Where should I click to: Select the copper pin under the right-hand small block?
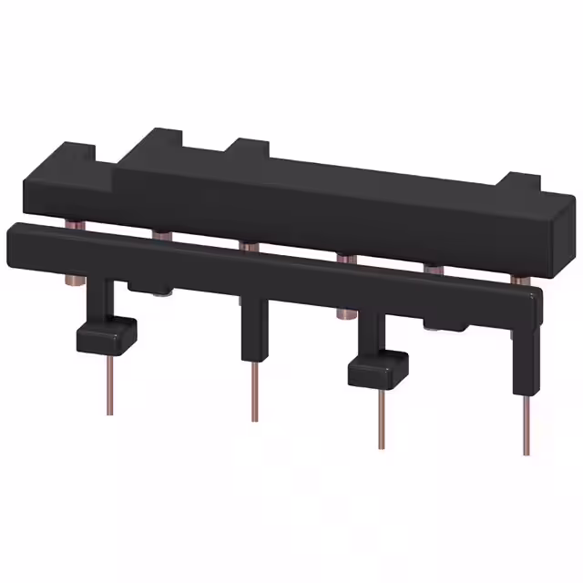(382, 418)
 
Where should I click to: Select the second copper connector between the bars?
(163, 236)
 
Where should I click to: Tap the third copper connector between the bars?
(250, 245)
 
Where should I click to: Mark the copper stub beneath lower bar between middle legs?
(344, 313)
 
